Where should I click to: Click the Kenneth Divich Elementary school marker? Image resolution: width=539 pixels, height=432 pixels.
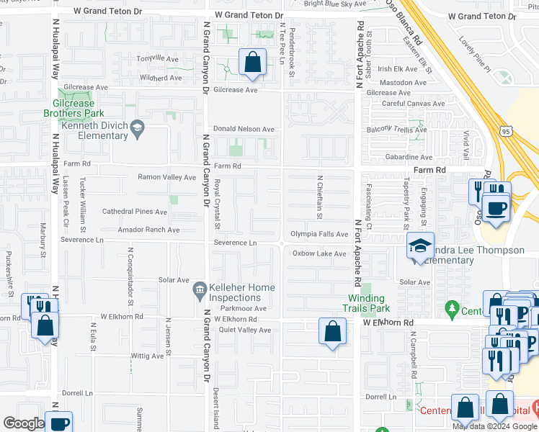(x=136, y=130)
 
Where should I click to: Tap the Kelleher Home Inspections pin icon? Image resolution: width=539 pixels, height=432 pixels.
(x=200, y=291)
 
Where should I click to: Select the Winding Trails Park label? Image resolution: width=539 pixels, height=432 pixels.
(x=368, y=303)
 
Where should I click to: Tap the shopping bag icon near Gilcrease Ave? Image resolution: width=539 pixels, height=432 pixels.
(x=253, y=63)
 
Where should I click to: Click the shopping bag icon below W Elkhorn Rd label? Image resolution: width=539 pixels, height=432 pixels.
(x=332, y=333)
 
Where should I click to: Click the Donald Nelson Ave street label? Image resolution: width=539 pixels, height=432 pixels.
(x=244, y=130)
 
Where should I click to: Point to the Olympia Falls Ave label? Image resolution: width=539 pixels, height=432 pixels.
(x=319, y=234)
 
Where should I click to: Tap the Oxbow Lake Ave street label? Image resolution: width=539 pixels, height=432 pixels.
(x=319, y=253)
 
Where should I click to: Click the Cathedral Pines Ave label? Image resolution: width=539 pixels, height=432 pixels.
(x=135, y=212)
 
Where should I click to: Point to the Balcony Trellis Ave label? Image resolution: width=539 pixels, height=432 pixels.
(x=396, y=130)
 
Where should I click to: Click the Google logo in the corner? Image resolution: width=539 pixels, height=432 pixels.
(x=23, y=423)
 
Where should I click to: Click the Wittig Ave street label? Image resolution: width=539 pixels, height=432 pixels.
(x=148, y=356)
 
